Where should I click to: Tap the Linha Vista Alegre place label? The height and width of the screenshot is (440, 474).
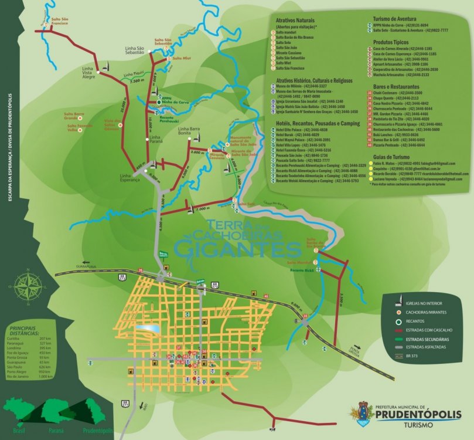pos(88,72)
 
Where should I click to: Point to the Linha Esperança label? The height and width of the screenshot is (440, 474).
pos(129,177)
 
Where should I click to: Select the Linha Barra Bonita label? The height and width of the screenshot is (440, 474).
pos(189,131)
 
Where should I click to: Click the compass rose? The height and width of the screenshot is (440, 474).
pos(26,286)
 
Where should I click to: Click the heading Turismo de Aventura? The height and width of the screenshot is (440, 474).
pos(398,19)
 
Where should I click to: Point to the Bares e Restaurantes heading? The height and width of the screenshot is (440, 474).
pos(398,86)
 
